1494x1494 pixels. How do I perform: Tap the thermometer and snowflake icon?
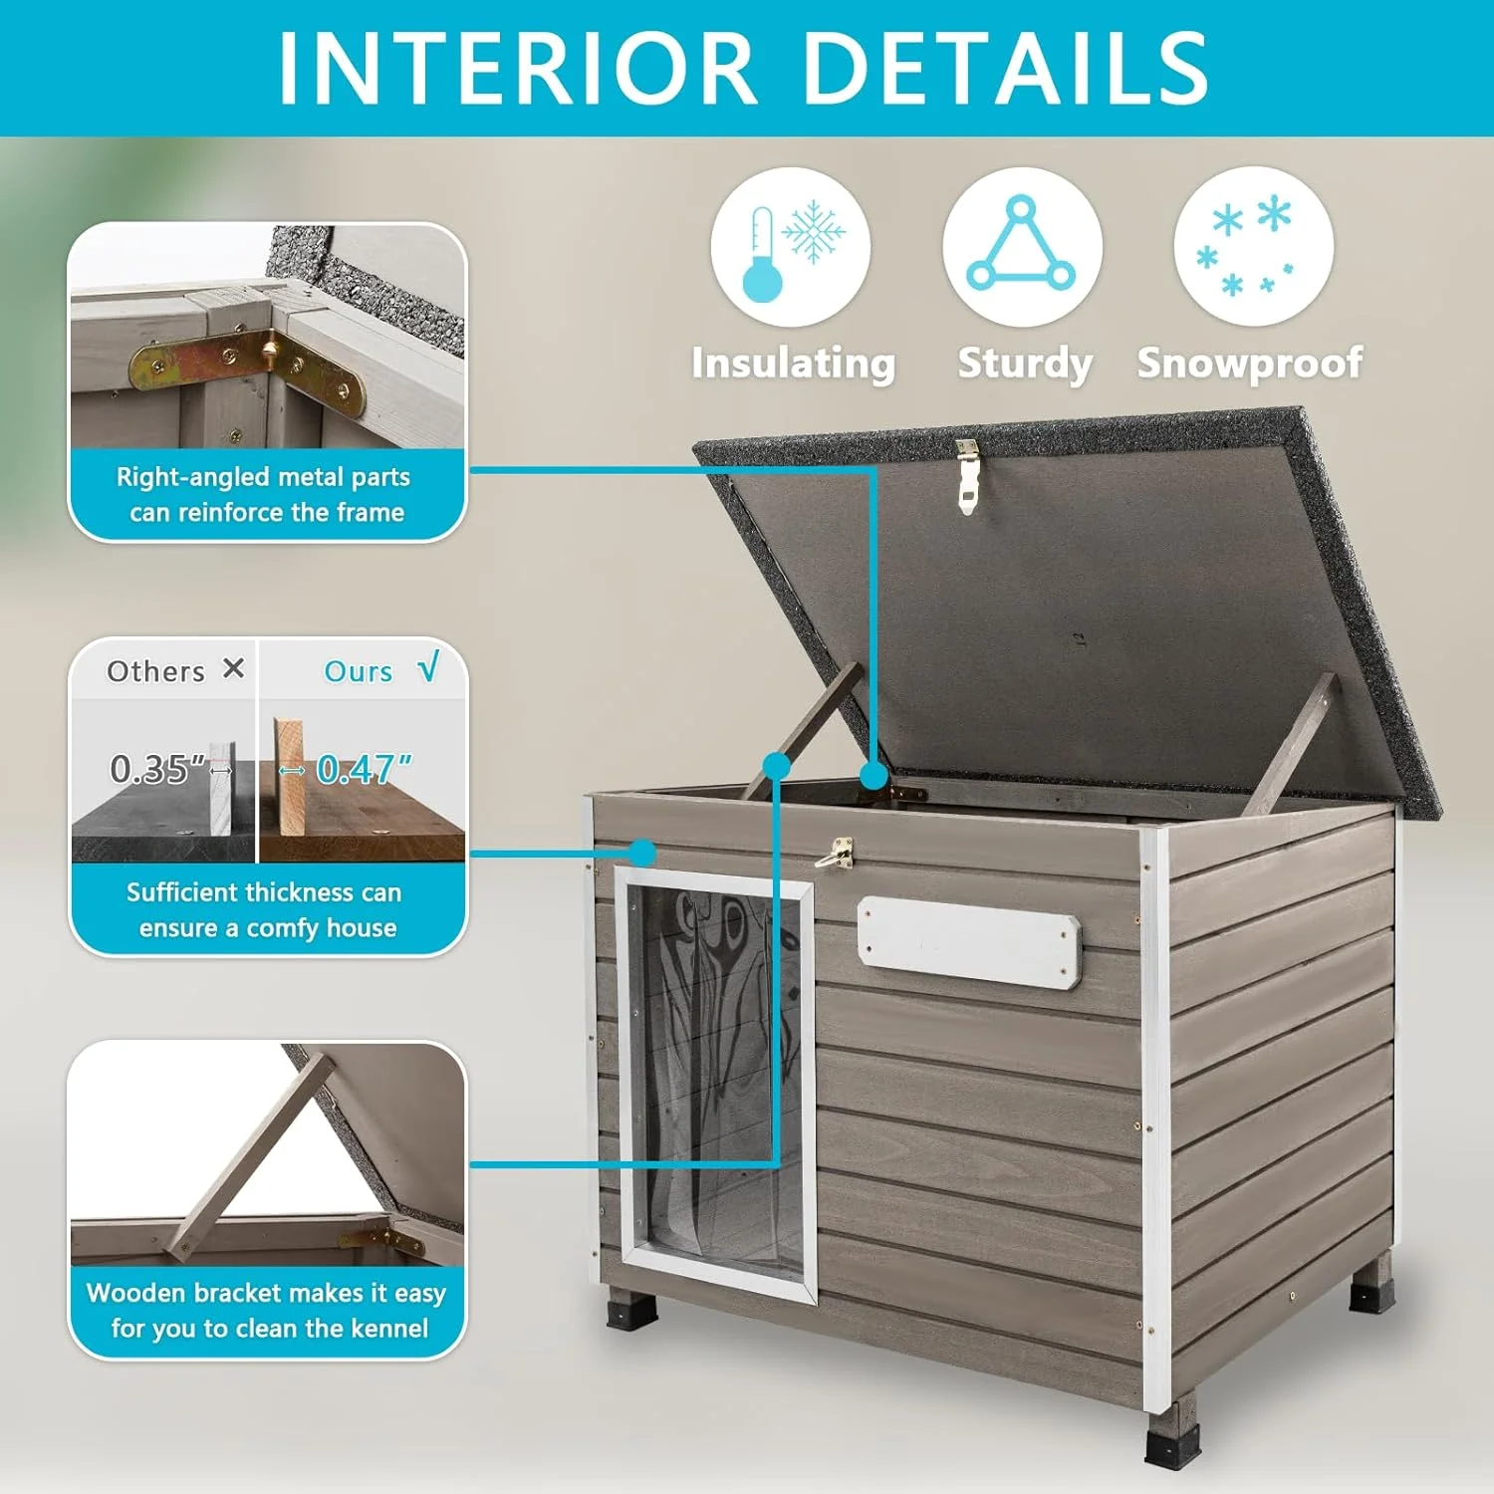coord(790,247)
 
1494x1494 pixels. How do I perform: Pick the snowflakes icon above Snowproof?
coord(1253,247)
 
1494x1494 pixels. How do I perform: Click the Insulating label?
coord(793,363)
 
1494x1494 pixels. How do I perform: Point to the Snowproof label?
coord(1250,363)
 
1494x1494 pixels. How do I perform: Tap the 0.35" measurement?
coord(157,769)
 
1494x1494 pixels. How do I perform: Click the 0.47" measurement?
coord(364,769)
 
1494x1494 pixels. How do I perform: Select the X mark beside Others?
coord(233,668)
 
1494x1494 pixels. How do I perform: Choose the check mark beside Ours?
coord(428,667)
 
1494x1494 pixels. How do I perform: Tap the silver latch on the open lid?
coord(965,475)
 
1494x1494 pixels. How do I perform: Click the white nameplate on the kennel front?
coord(968,942)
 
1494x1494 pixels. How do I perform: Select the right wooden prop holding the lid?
coord(1292,743)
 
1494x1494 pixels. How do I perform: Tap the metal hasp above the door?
coord(835,854)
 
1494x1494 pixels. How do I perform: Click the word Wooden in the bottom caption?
coord(135,1293)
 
